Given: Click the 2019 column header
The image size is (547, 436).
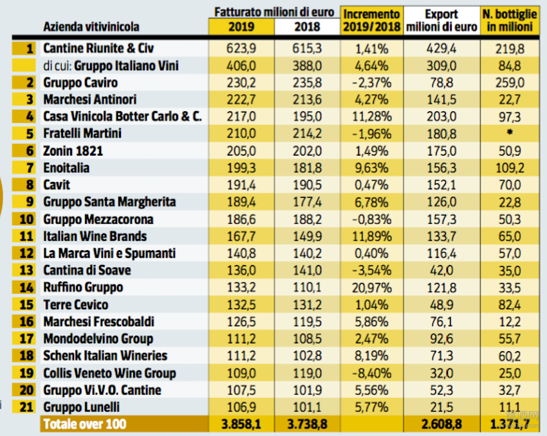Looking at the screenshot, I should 241,27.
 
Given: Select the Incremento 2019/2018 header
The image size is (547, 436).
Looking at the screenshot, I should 371,21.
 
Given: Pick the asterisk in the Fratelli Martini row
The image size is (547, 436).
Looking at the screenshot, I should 509,134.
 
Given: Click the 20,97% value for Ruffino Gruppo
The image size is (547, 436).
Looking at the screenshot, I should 371,287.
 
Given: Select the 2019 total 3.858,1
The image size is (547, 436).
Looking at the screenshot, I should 241,424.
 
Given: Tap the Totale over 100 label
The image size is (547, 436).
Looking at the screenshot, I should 84,424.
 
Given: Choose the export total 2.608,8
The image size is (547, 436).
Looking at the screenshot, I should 441,424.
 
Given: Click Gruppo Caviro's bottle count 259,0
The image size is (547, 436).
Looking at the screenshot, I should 509,82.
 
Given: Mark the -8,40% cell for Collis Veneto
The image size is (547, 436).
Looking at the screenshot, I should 371,373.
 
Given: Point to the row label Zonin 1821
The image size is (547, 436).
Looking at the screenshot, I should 73,151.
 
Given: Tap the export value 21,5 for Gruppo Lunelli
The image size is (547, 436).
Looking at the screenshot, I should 441,407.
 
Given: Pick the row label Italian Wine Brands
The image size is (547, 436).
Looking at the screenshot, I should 95,236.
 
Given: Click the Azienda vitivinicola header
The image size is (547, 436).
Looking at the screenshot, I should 91,27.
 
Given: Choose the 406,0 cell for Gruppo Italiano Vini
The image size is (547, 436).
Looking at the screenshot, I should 241,66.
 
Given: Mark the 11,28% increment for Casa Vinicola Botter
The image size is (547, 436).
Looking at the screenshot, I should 371,116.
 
